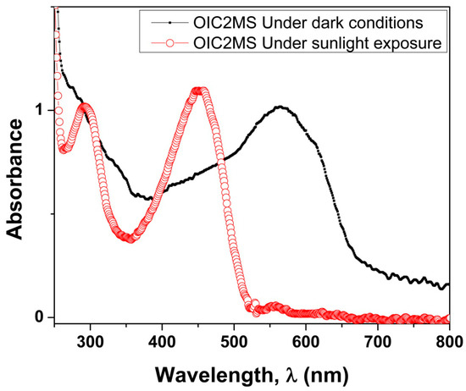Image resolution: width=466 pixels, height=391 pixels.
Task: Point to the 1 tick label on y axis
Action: pos(38,110)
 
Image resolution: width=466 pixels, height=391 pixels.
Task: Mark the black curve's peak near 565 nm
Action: pos(280,107)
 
